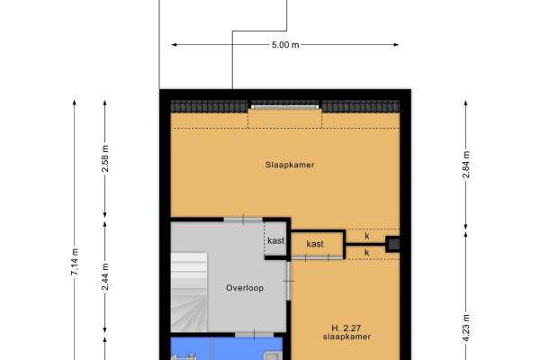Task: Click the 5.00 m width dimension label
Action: [x=285, y=45]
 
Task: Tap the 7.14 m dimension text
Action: [x=75, y=262]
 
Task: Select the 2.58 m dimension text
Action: [x=105, y=158]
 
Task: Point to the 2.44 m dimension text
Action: [x=105, y=276]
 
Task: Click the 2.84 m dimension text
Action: [x=466, y=165]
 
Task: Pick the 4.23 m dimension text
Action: [x=466, y=328]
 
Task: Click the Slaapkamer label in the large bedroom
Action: [x=290, y=165]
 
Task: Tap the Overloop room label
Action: [x=245, y=288]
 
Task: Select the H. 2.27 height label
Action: [x=346, y=328]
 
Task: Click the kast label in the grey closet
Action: [x=276, y=240]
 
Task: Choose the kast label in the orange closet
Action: [x=315, y=244]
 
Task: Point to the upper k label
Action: [x=367, y=236]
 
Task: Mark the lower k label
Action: [x=367, y=253]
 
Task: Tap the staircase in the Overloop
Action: [x=189, y=292]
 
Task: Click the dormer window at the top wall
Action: [x=285, y=107]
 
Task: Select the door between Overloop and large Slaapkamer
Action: [x=243, y=220]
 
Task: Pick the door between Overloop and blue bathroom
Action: [x=255, y=335]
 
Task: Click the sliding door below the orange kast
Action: [x=317, y=257]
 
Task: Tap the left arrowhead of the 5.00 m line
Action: [x=174, y=45]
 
